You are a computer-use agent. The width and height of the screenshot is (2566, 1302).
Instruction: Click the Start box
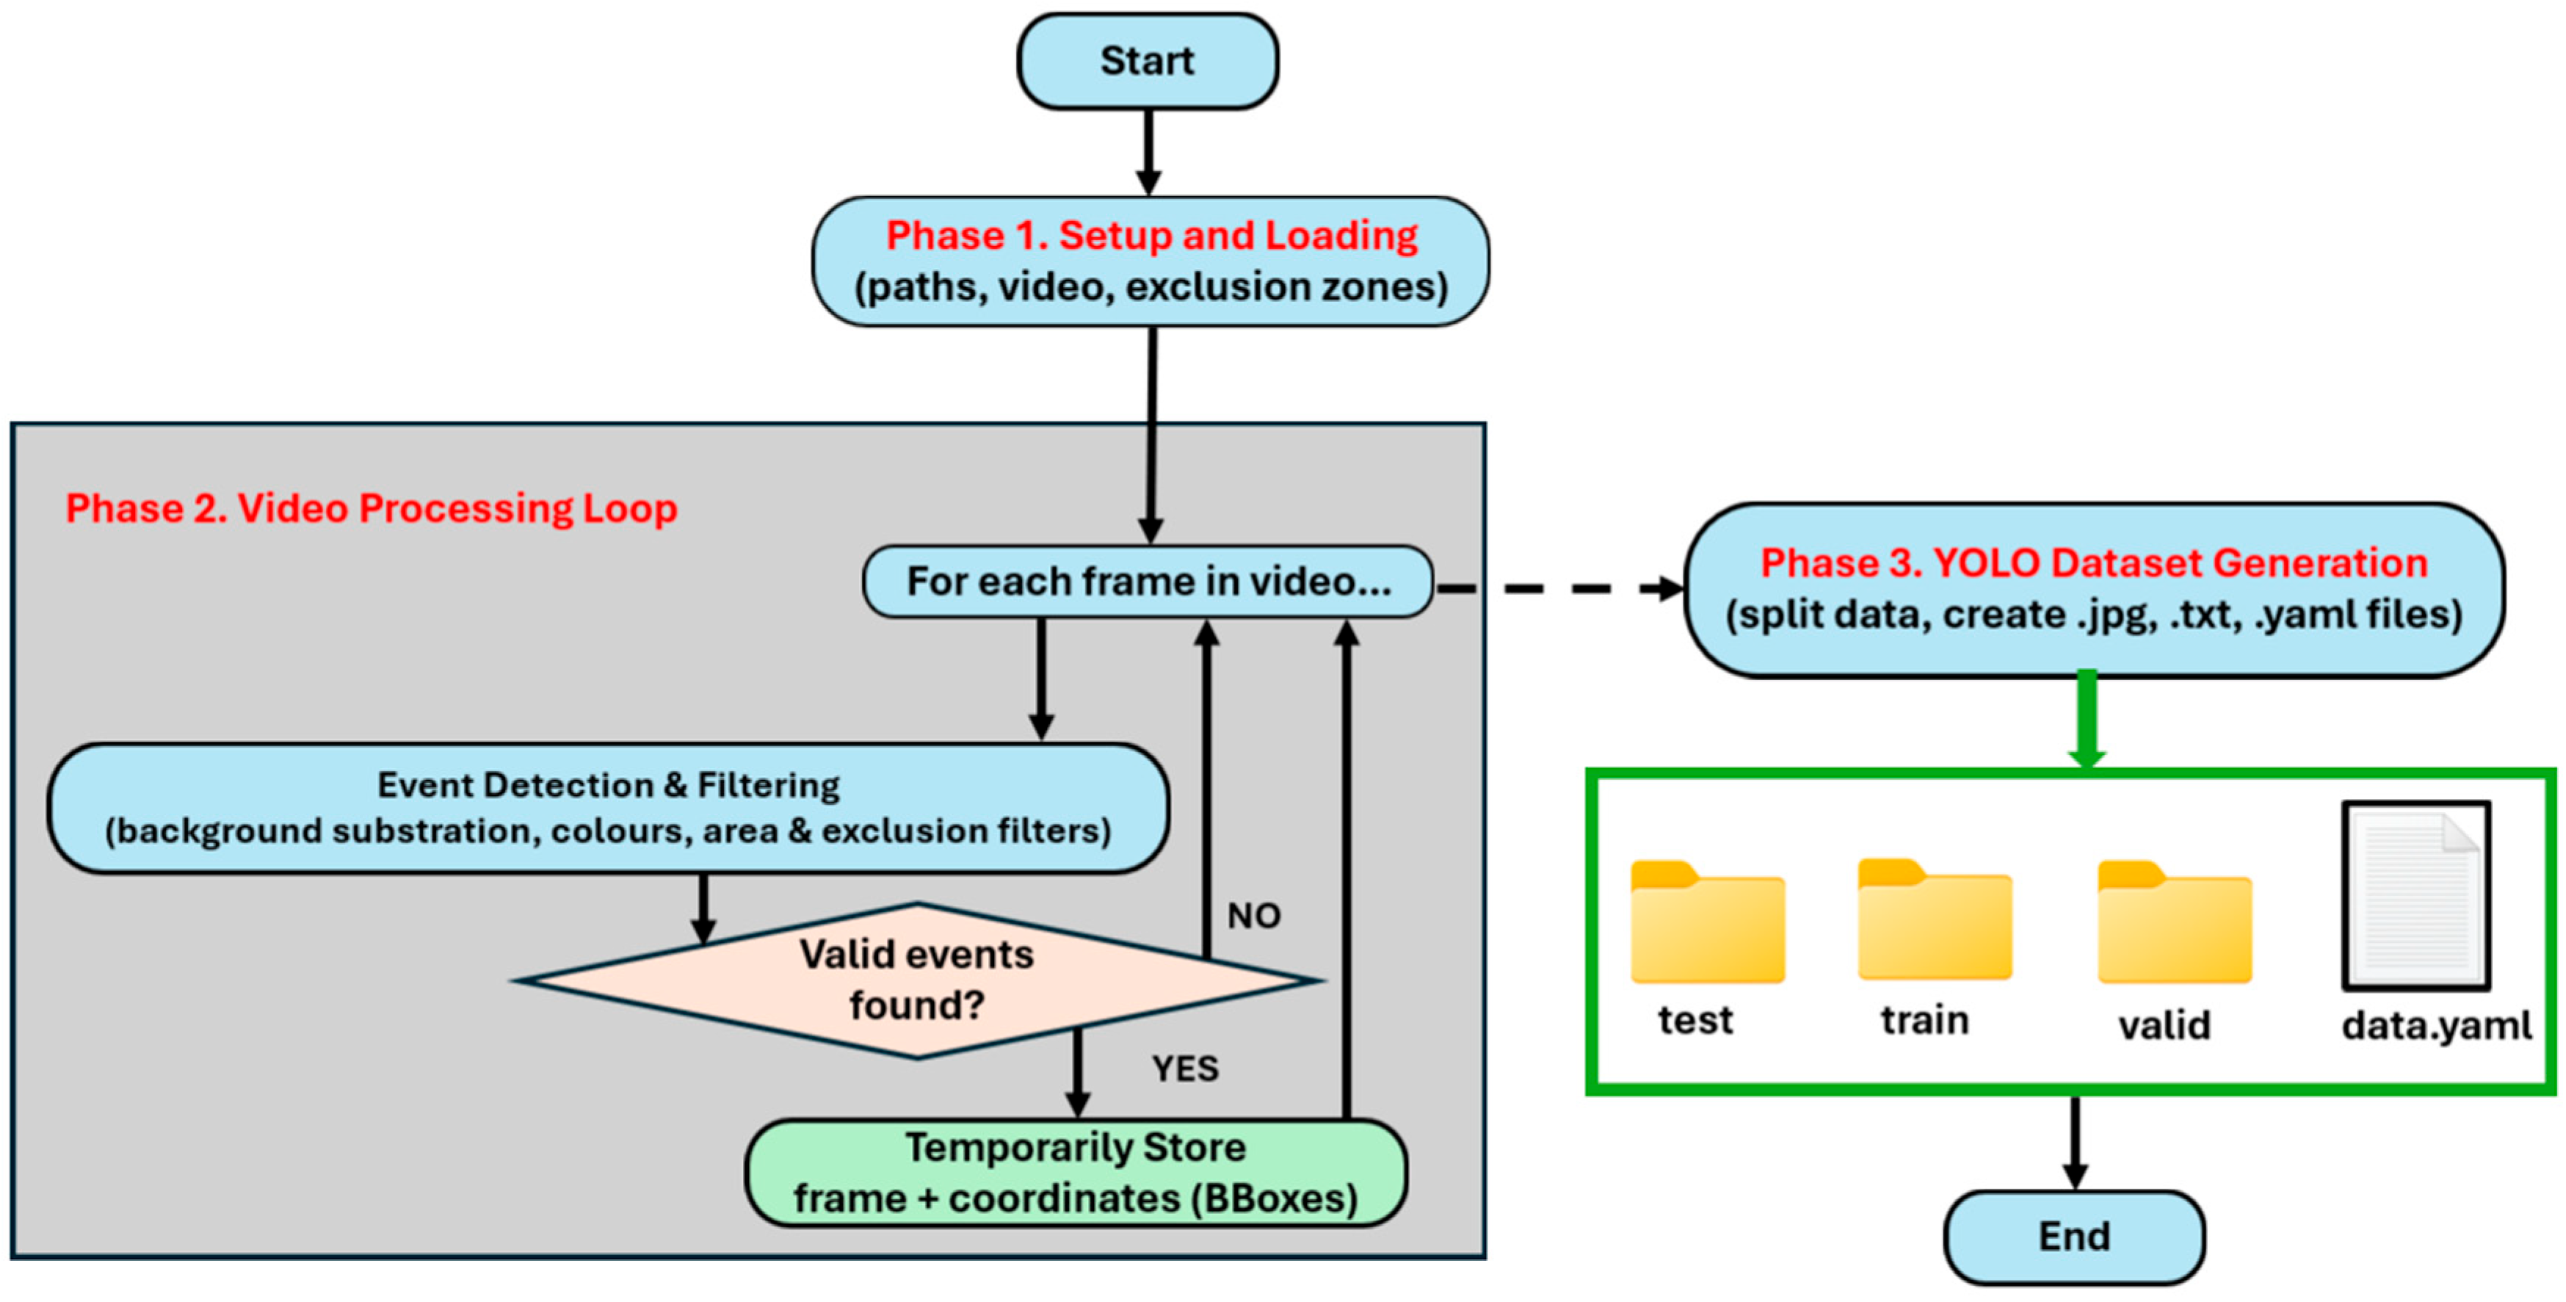(x=1148, y=61)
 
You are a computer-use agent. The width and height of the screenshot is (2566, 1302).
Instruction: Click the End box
(x=2074, y=1236)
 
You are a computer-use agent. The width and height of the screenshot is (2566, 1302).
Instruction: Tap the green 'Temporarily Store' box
(x=1076, y=1173)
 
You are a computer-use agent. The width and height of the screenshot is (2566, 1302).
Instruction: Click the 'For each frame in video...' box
(x=1148, y=582)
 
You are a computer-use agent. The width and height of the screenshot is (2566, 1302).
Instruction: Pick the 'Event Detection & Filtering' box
(x=608, y=808)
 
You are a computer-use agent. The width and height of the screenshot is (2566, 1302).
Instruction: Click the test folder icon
(x=1707, y=924)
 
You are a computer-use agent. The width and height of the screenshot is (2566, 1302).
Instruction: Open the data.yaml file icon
(x=2415, y=896)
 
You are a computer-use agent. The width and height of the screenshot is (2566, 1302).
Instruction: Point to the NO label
(x=1253, y=916)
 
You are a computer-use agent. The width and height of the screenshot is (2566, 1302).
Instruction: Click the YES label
(x=1184, y=1069)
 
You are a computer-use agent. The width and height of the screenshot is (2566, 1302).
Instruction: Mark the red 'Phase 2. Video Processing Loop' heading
(x=372, y=508)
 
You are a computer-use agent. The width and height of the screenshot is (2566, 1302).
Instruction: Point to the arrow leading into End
(x=2075, y=1143)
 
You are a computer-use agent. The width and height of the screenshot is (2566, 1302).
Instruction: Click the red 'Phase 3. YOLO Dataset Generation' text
(x=2094, y=563)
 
